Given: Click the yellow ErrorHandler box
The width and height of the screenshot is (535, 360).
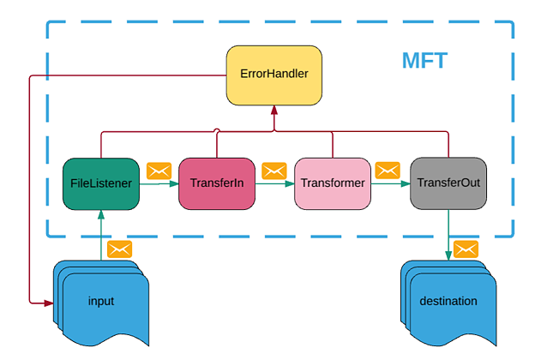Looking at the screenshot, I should pos(274,73).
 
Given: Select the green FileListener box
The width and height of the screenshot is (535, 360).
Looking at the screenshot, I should pos(101,183).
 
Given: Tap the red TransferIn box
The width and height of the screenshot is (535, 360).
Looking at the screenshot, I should pos(217,183).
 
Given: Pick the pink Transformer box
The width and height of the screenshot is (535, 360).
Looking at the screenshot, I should pos(332,183).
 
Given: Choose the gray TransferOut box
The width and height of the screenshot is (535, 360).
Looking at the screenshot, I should pos(448,183).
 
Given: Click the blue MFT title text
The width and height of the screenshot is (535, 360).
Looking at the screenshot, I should pos(425,62).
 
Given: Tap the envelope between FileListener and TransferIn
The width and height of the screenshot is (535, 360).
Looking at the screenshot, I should pos(159,170).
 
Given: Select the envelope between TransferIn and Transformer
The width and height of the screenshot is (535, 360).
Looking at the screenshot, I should pos(274,170).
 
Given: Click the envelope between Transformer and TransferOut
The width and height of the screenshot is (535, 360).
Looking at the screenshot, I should pos(389,170).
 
